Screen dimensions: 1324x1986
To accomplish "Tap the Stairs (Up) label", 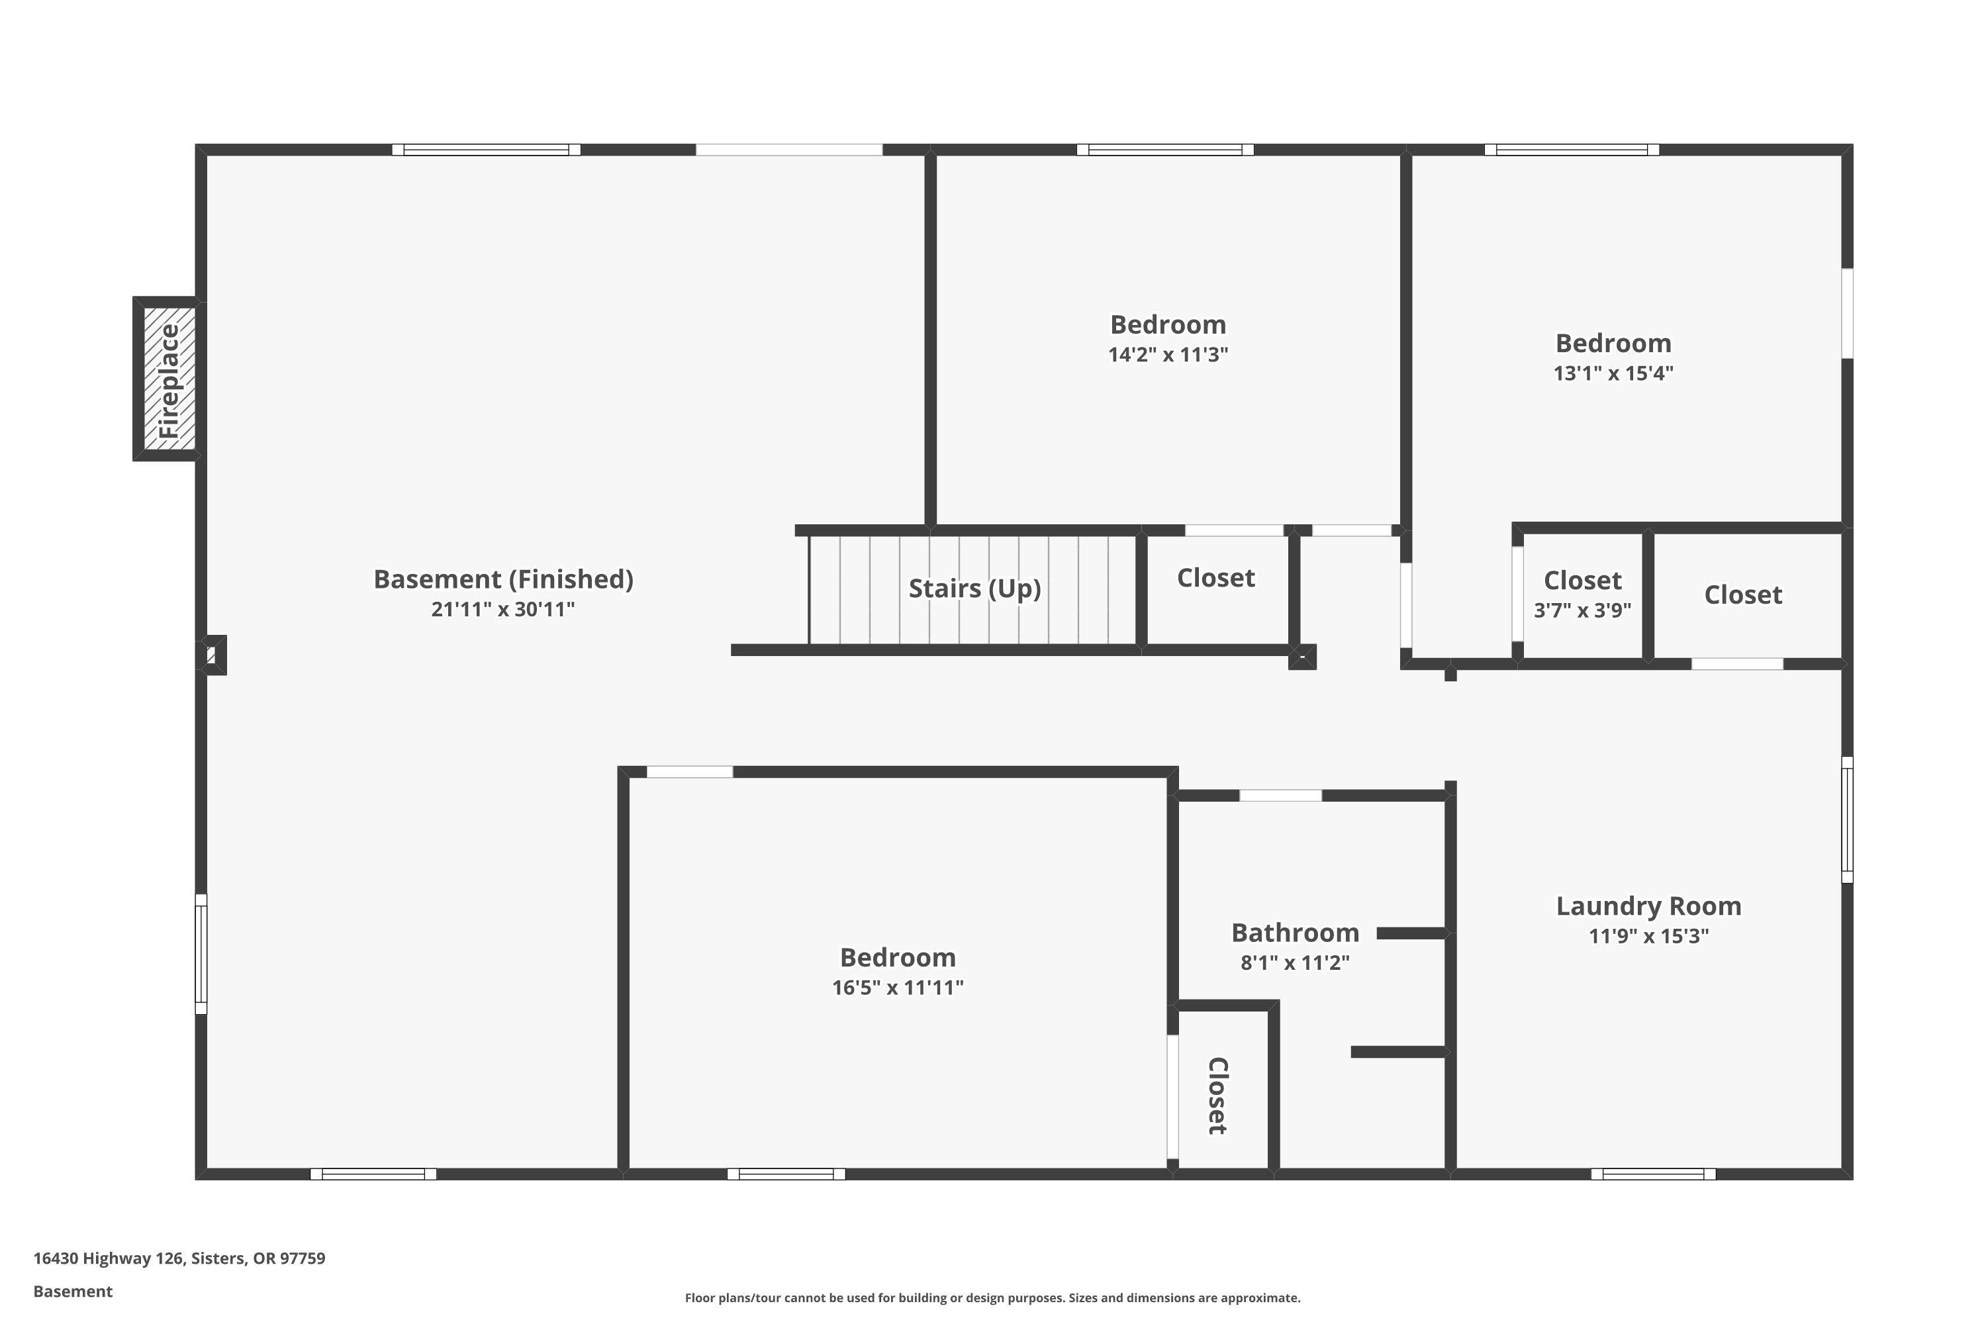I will tap(974, 589).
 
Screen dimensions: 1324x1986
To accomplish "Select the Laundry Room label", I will tap(1648, 906).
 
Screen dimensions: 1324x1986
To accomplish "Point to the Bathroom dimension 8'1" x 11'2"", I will tap(1294, 963).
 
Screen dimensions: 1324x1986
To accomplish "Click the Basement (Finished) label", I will tap(503, 579).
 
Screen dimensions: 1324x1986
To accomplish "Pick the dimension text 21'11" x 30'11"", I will tap(503, 610).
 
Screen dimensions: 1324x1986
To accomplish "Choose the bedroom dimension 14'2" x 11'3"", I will tap(1168, 355).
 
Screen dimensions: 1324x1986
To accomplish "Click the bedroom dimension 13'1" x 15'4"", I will tap(1613, 373).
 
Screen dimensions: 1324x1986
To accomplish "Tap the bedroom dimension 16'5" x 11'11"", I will tap(898, 988).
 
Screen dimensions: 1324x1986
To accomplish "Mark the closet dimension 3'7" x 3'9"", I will tap(1582, 610).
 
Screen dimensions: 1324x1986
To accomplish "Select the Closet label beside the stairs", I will tap(1216, 579).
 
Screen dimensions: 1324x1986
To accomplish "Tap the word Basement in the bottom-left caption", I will tap(73, 1291).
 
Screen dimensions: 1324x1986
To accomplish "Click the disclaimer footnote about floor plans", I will tap(992, 1298).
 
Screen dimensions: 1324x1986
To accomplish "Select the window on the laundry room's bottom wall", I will tap(1652, 1174).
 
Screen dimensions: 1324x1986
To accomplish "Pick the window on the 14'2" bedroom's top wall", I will tap(1164, 150).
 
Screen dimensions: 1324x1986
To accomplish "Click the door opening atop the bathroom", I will tap(1280, 796).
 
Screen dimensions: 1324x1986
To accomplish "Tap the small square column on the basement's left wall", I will tap(211, 655).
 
